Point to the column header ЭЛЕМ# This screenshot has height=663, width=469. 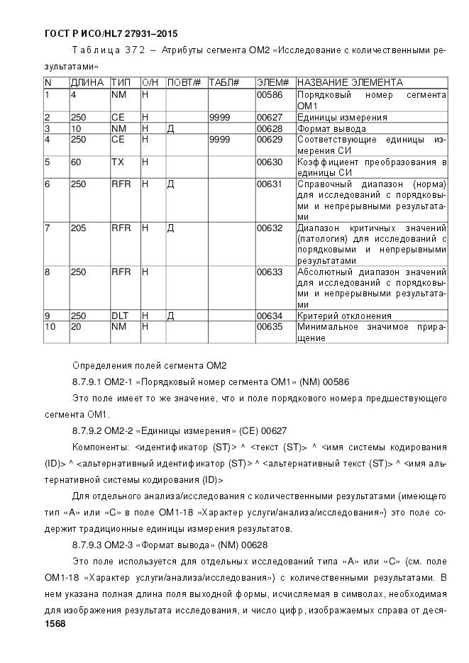[x=272, y=83]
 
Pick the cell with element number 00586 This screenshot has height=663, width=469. [x=269, y=94]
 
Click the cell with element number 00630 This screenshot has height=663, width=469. [x=269, y=163]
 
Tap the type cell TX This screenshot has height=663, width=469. [x=117, y=163]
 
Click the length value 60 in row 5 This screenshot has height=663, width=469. [x=77, y=163]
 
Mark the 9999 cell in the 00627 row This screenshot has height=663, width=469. [x=221, y=118]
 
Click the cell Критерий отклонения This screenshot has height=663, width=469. [x=343, y=316]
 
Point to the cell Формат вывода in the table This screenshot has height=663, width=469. [x=331, y=129]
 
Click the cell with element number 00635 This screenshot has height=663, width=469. [x=269, y=327]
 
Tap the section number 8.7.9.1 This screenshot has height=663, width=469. [x=89, y=382]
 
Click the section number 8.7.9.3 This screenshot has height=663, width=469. [x=89, y=545]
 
